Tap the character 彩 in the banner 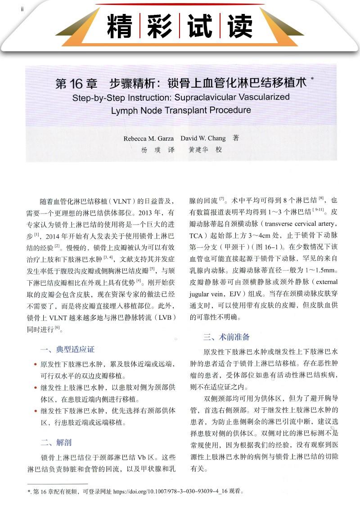click(x=162, y=26)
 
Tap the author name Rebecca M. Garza click(x=148, y=139)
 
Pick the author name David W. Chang click(x=203, y=139)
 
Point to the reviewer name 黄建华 click(x=198, y=150)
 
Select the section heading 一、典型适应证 click(x=67, y=349)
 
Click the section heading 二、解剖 click(x=56, y=443)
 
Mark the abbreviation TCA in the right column click(x=196, y=236)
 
